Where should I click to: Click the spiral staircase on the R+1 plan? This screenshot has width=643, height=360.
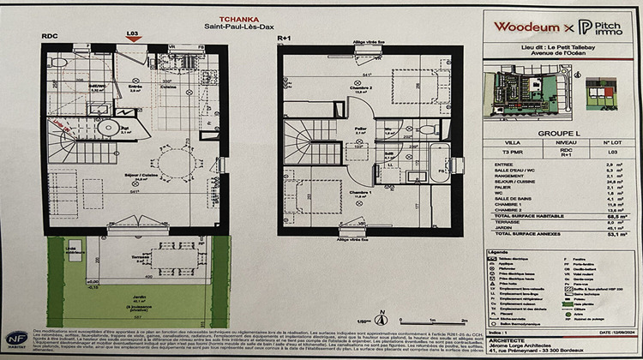point(305,137)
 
